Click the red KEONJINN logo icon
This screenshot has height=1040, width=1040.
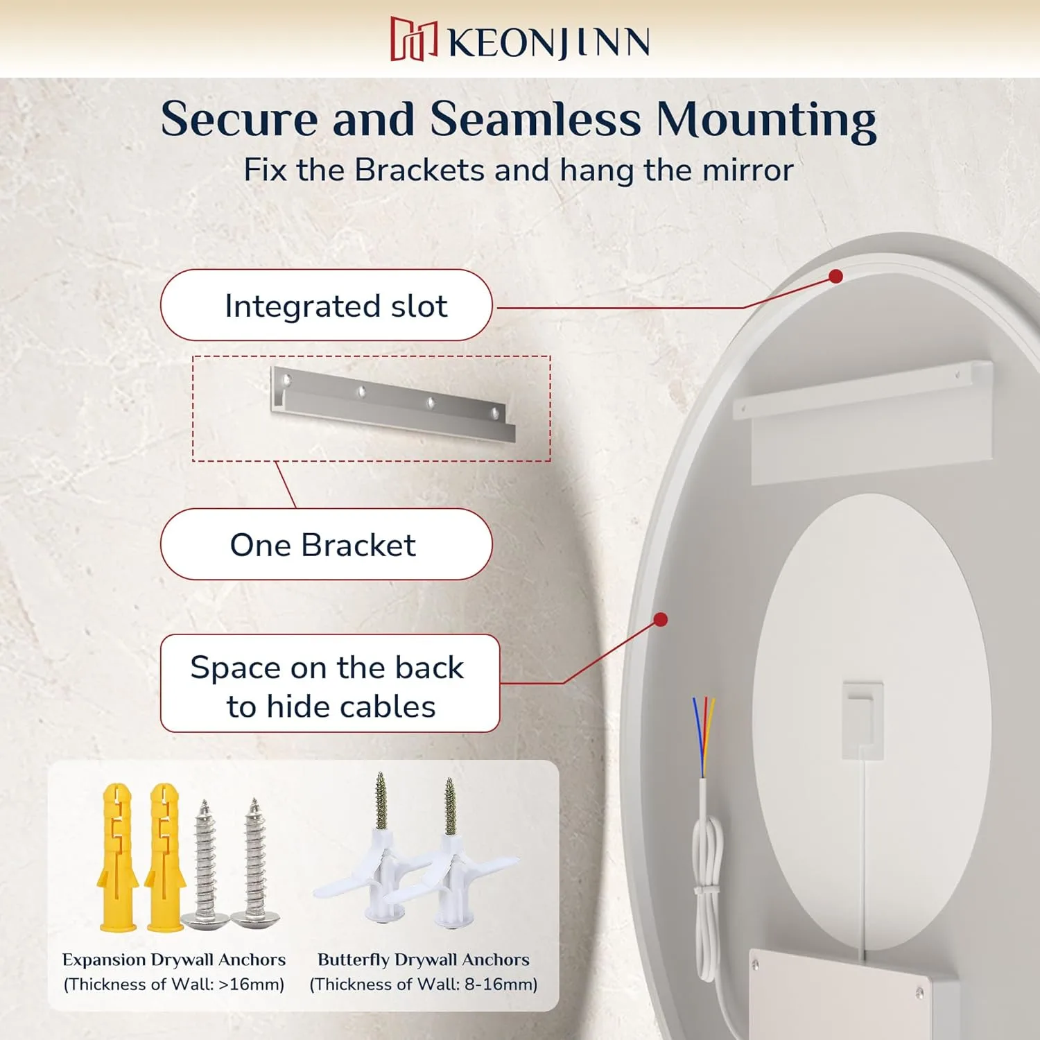414,40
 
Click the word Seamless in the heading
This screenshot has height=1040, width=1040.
535,119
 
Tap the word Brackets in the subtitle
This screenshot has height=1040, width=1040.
419,170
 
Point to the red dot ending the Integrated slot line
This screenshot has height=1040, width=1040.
836,277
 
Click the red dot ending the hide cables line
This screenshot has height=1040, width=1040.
661,619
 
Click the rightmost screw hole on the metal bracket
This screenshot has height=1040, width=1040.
495,413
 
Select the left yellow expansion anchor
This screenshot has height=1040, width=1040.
118,857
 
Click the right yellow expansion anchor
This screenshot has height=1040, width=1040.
165,857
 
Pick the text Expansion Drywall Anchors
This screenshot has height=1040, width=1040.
174,960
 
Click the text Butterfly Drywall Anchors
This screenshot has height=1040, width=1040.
424,960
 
